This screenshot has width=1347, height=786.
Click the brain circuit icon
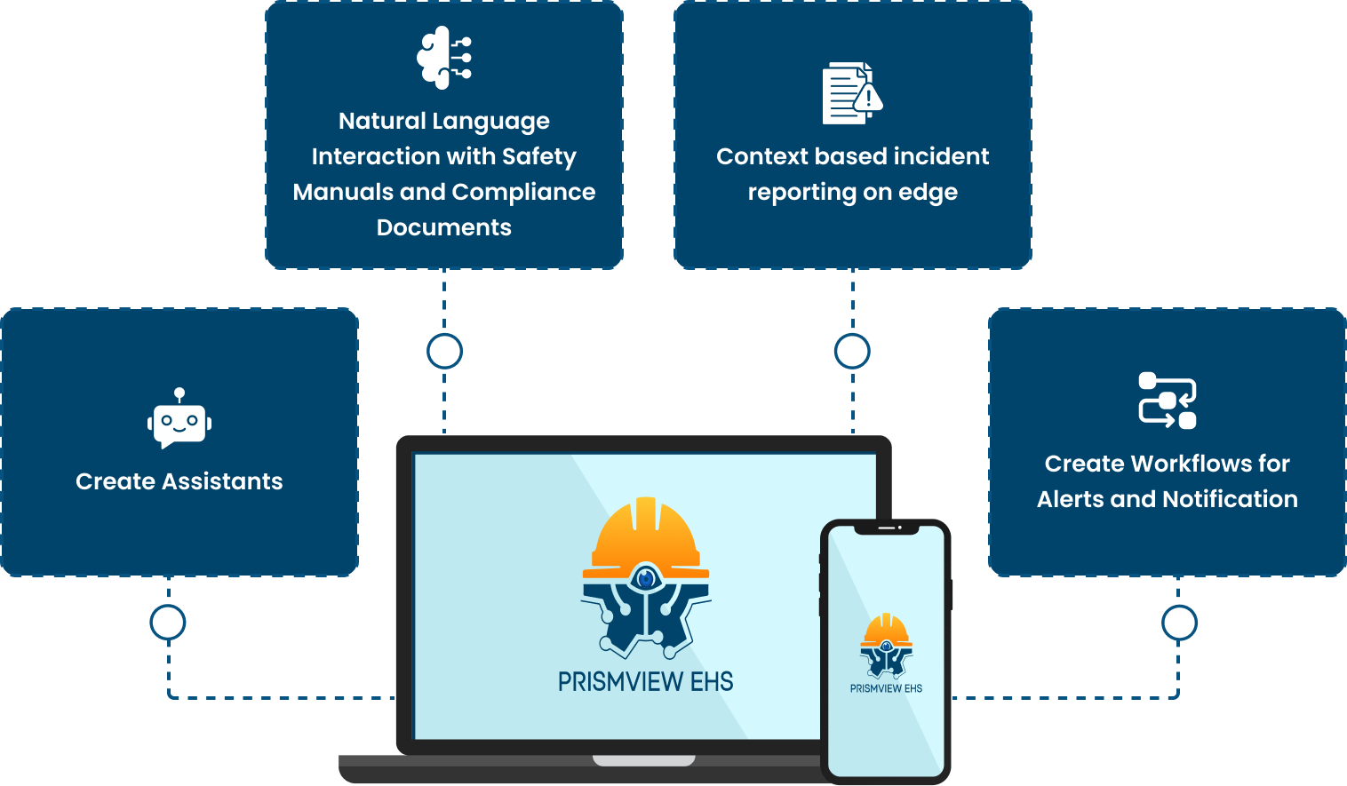click(443, 58)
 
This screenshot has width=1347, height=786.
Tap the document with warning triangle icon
click(852, 93)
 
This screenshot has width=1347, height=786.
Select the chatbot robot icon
click(179, 418)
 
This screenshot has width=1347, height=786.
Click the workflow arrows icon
click(1168, 401)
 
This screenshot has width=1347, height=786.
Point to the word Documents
click(443, 227)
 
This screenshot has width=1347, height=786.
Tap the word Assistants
click(222, 481)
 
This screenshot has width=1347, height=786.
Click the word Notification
click(1230, 499)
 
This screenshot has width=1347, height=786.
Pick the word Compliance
click(523, 193)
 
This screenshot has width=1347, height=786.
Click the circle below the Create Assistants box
click(168, 623)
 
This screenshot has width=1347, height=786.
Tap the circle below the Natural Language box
click(444, 351)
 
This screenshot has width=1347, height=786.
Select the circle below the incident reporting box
click(852, 351)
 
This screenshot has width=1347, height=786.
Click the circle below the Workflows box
click(1179, 623)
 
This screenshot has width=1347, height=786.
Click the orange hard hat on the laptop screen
click(646, 537)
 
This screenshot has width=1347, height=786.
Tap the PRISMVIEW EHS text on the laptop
click(645, 682)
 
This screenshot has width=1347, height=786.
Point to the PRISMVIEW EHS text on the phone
click(886, 688)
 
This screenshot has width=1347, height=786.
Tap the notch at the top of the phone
click(887, 528)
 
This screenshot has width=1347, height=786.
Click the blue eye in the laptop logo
click(646, 579)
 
